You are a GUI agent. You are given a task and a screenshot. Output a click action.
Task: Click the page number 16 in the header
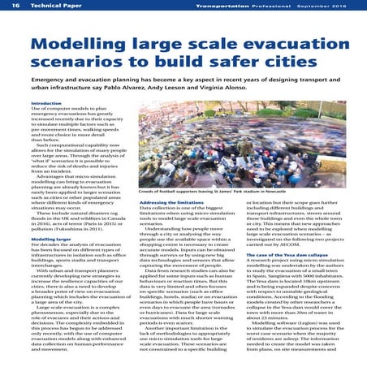tap(13, 6)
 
